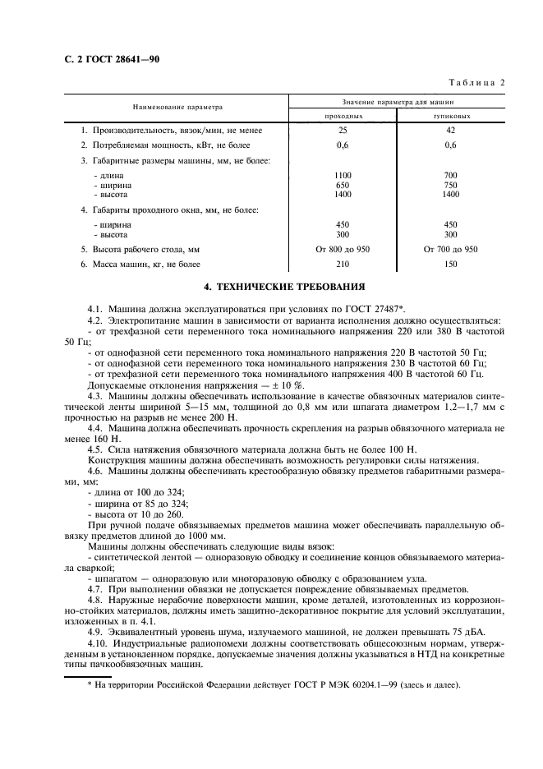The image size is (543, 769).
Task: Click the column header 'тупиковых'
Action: [x=450, y=117]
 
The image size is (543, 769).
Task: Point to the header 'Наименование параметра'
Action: [x=173, y=107]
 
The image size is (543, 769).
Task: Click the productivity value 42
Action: [x=450, y=131]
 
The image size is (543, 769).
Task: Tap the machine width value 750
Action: [x=450, y=185]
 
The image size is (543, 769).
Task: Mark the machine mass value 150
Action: [x=450, y=264]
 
